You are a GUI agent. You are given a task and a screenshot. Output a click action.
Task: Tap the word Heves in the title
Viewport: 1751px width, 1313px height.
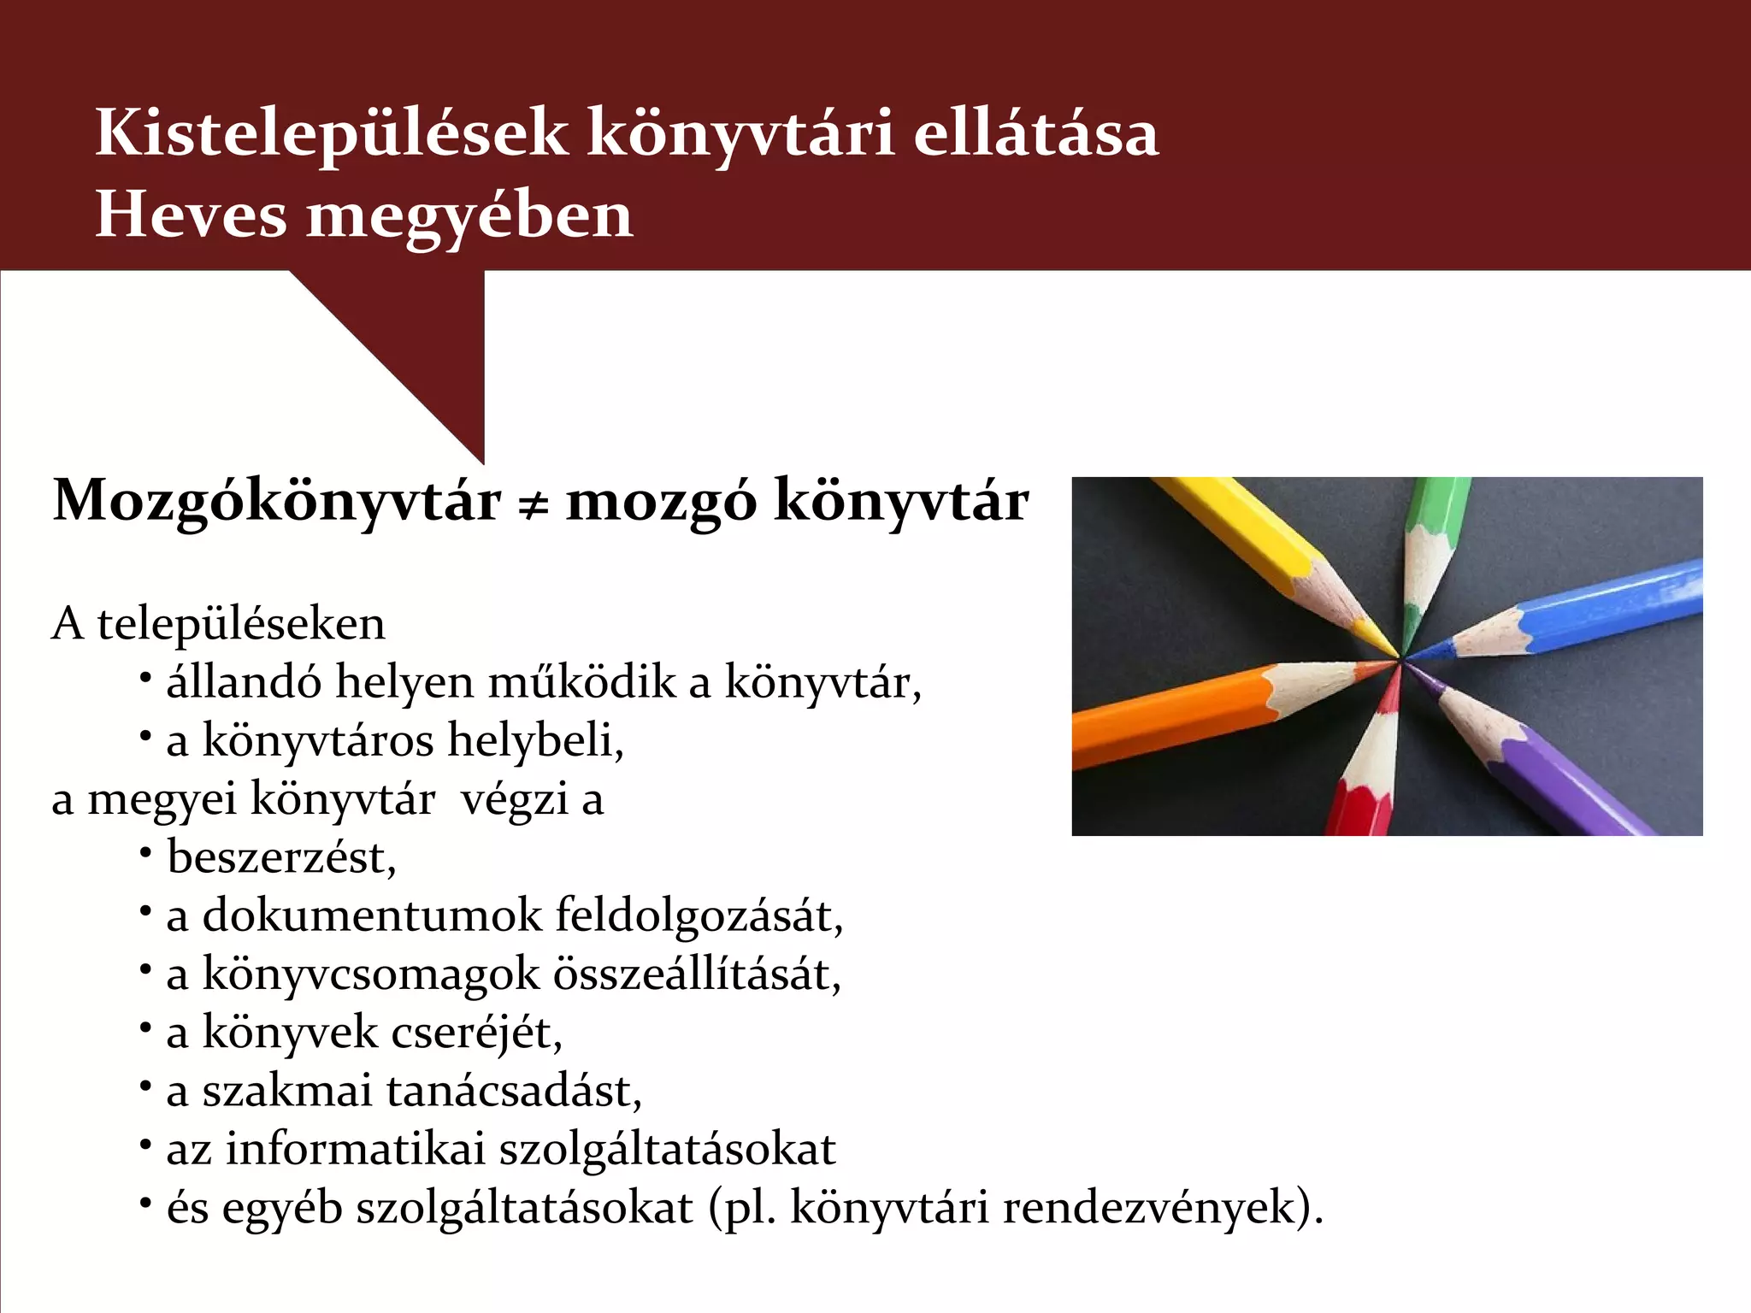191,215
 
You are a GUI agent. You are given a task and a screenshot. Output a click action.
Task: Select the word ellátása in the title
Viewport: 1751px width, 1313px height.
1035,134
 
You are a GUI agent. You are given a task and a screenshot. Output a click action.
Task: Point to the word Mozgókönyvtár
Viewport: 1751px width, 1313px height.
277,502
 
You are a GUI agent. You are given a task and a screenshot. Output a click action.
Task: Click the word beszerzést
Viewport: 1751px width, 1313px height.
281,857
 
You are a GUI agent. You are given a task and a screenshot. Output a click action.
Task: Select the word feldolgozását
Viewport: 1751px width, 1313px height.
699,916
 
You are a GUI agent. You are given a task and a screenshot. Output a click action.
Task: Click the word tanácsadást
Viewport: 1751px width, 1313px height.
514,1092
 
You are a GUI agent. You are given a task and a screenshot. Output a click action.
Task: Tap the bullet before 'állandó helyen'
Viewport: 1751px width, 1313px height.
146,678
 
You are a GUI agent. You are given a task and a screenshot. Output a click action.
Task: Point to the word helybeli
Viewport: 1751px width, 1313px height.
535,741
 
